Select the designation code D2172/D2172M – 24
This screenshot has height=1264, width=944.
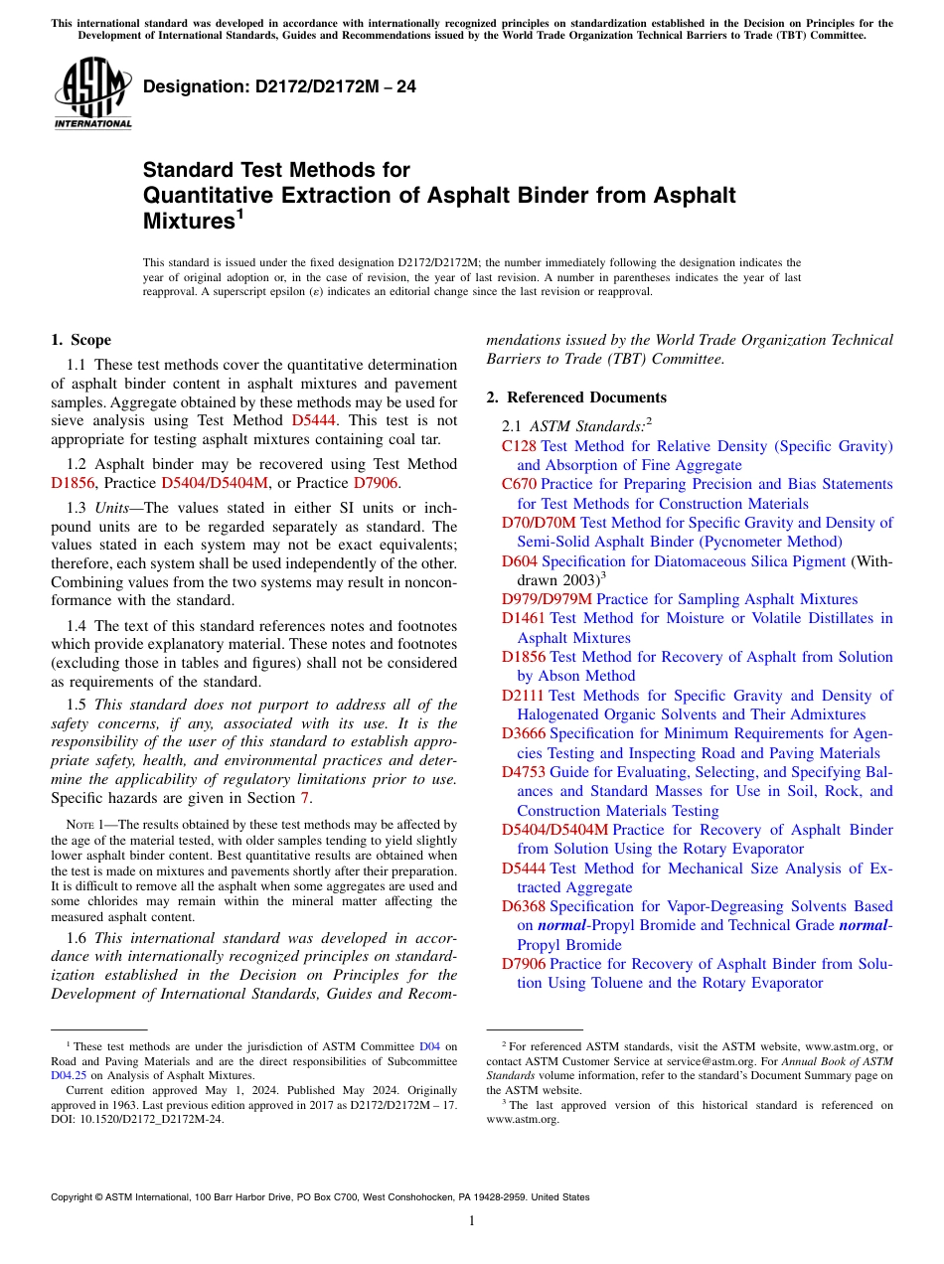pyautogui.click(x=279, y=86)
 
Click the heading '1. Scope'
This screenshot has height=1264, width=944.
pyautogui.click(x=80, y=340)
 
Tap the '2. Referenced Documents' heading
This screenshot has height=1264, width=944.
pyautogui.click(x=576, y=397)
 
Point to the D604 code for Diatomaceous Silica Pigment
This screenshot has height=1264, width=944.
pyautogui.click(x=520, y=561)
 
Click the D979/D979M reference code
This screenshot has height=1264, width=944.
pyautogui.click(x=547, y=599)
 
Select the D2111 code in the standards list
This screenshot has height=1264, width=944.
pyautogui.click(x=523, y=696)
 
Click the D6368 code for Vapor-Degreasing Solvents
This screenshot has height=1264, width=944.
pyautogui.click(x=523, y=906)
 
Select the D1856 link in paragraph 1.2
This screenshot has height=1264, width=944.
pyautogui.click(x=73, y=483)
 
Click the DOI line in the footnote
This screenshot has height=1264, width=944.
pyautogui.click(x=137, y=1118)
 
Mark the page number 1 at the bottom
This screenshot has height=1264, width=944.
pyautogui.click(x=472, y=1221)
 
